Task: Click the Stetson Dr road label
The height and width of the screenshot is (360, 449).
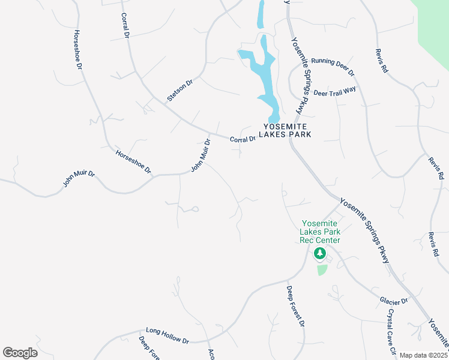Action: [180, 89]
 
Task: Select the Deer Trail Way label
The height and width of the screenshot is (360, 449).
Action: [335, 91]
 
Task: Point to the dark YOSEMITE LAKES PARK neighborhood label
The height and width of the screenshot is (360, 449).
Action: [287, 130]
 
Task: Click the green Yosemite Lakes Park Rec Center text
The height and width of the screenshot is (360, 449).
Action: [321, 232]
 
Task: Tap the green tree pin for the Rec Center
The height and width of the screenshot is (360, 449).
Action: [320, 254]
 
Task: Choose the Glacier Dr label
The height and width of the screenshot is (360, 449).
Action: [393, 300]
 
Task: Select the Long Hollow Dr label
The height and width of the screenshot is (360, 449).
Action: [167, 335]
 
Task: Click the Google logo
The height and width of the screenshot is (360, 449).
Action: [20, 353]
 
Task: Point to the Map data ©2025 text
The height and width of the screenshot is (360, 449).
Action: [423, 355]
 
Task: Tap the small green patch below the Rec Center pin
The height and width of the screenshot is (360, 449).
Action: [322, 269]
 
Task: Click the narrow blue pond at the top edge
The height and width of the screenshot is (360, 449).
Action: [261, 13]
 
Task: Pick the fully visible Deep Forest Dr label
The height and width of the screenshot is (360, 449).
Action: [295, 307]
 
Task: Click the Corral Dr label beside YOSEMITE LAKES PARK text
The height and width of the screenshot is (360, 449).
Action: [243, 139]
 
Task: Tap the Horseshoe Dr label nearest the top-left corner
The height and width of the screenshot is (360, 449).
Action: [77, 50]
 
